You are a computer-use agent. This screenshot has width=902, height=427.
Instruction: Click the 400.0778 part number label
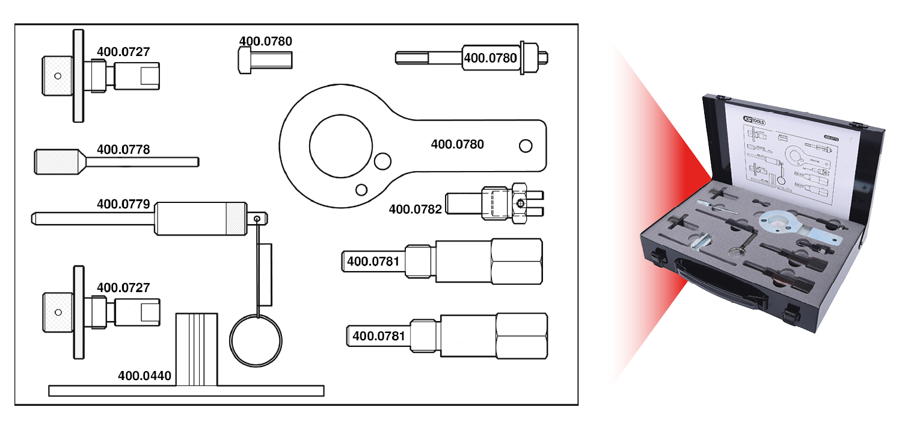(x=123, y=149)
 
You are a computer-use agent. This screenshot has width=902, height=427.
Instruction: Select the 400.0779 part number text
(x=123, y=204)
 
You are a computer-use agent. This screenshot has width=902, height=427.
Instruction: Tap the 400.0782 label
(x=416, y=210)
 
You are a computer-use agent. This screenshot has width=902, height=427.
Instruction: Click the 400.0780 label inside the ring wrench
(x=457, y=145)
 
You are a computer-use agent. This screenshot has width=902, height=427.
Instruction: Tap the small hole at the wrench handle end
(x=525, y=146)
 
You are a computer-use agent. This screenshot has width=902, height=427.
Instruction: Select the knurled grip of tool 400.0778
(x=55, y=161)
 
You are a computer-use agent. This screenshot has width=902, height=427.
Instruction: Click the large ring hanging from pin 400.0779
(x=256, y=340)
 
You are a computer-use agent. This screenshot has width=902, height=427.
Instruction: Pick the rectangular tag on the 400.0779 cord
(x=265, y=275)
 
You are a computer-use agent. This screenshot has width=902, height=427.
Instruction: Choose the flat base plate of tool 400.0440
(x=186, y=391)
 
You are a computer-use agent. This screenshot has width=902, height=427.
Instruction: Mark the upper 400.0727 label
(x=123, y=52)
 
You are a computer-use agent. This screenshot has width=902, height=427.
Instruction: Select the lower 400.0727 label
(x=123, y=288)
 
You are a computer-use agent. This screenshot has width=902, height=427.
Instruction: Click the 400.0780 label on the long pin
(x=491, y=58)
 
